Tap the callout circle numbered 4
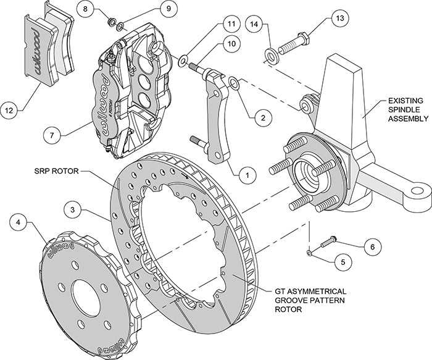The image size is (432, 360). click(20, 220)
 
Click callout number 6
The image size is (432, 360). click(370, 246)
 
